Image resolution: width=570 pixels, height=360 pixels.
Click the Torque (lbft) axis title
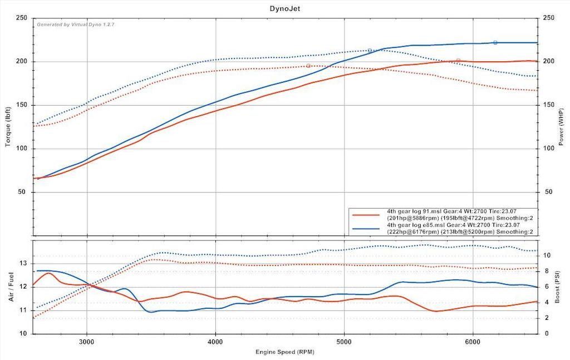(x=8, y=127)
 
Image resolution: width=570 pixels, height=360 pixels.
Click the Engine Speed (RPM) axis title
(x=284, y=352)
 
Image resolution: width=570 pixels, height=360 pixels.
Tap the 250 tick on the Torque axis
(x=22, y=18)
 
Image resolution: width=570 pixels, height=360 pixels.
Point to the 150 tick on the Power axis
(x=548, y=105)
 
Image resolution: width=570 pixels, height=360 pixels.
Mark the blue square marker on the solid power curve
(x=495, y=43)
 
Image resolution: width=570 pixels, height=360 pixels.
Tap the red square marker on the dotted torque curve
(x=308, y=66)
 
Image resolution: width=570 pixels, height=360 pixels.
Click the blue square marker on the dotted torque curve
(x=370, y=51)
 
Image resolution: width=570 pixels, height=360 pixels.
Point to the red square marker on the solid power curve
(x=458, y=61)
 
